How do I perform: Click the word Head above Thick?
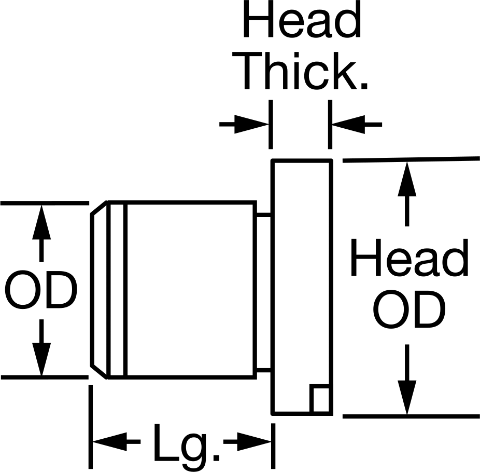[302, 19]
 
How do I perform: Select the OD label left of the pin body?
[41, 290]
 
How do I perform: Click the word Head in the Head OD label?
[410, 258]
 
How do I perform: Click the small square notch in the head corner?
[320, 399]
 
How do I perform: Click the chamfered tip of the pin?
[98, 290]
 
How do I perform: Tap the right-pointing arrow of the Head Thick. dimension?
[244, 124]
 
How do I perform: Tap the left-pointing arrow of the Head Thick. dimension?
[357, 124]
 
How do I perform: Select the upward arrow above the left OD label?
[41, 234]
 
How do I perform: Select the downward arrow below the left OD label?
[41, 347]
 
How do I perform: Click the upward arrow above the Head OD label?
[407, 194]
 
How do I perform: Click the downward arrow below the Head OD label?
[407, 380]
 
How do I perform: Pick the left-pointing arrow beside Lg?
[117, 442]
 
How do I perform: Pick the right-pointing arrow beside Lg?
[247, 442]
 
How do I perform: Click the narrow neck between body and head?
[263, 292]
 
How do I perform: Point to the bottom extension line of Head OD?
[411, 416]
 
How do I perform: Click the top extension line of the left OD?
[45, 203]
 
